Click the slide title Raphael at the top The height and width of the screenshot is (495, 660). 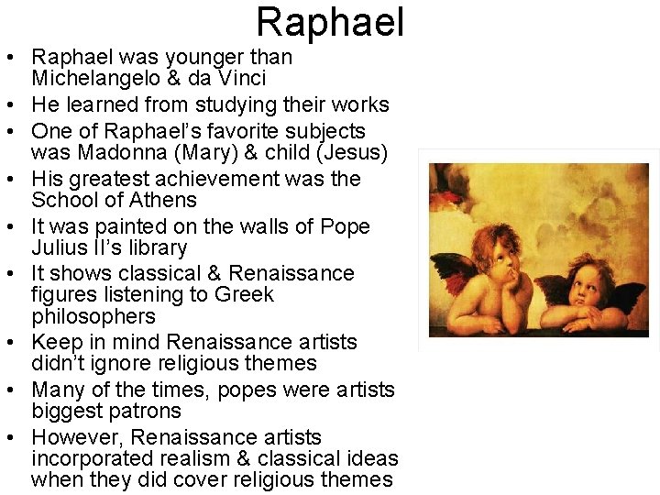(x=330, y=22)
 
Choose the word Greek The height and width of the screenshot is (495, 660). (x=244, y=295)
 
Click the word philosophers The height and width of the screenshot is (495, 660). (x=93, y=317)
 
